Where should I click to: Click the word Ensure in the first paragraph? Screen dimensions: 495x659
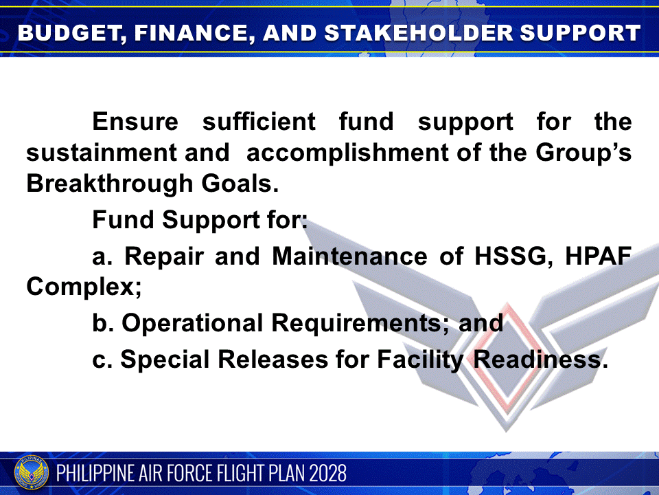tap(135, 122)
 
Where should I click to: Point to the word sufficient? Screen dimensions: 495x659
tap(259, 122)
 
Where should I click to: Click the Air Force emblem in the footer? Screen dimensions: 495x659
tap(32, 474)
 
